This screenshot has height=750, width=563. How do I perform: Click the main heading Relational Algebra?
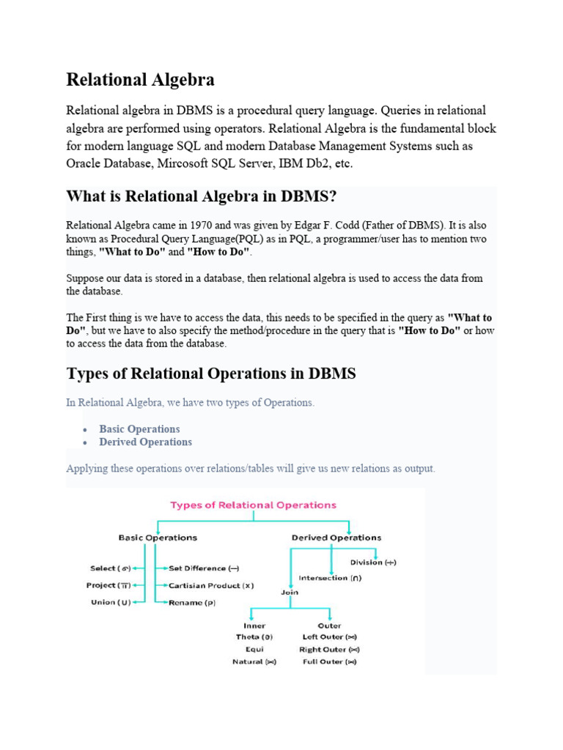140,79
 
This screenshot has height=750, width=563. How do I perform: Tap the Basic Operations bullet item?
139,429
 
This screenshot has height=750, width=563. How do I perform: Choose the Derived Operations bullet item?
145,442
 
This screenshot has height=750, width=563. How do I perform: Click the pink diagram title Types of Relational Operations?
253,505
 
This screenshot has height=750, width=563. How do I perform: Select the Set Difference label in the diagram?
204,568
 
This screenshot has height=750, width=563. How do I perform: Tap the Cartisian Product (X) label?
211,585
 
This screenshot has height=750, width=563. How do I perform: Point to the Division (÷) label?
373,562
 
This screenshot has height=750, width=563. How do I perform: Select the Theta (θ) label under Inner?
250,637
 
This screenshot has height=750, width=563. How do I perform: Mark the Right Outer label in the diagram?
329,650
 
